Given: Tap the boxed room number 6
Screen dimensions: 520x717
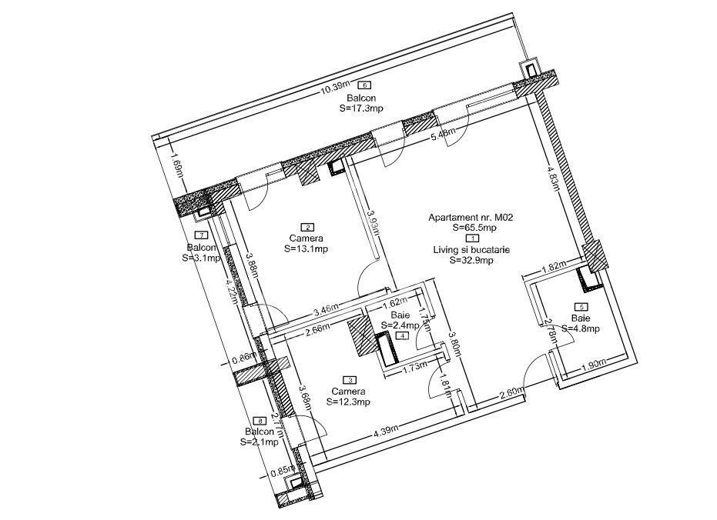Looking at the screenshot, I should [x=365, y=85].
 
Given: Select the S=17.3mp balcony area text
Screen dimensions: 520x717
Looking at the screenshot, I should [x=361, y=109].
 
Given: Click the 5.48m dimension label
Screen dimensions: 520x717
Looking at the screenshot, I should [x=444, y=135].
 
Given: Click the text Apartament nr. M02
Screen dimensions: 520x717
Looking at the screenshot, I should [x=471, y=218].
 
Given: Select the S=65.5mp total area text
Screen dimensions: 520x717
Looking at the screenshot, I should [x=474, y=228].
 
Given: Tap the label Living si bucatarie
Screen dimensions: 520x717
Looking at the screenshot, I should [x=471, y=250].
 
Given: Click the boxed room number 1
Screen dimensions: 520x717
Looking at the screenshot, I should [x=472, y=238].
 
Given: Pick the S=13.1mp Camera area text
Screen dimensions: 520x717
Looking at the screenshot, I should [x=307, y=248].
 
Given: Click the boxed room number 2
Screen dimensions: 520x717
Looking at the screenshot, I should [x=308, y=227].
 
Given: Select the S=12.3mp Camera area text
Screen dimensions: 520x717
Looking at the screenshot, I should [x=349, y=401].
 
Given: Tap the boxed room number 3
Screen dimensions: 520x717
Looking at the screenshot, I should [x=351, y=379].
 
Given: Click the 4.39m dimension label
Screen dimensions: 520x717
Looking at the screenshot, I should [x=387, y=433].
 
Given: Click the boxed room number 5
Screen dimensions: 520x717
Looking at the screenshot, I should [x=581, y=307].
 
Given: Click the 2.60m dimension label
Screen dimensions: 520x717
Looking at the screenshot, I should [x=512, y=393].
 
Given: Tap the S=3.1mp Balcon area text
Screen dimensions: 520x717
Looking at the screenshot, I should [x=201, y=258].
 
